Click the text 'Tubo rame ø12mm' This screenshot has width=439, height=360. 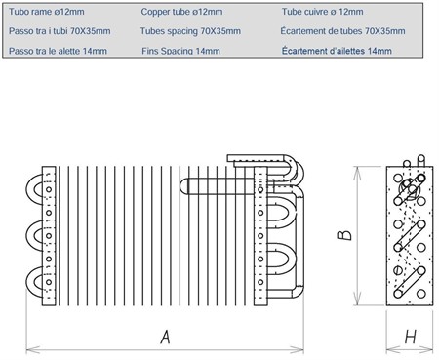(x=47, y=12)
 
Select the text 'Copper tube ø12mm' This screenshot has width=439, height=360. (x=181, y=12)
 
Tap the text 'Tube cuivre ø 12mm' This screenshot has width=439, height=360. (x=322, y=12)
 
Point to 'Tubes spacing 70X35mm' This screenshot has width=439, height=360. (x=190, y=31)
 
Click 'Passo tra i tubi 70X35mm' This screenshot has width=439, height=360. (x=60, y=31)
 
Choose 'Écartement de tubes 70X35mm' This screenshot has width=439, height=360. (x=342, y=31)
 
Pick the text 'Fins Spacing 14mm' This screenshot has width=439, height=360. (x=180, y=51)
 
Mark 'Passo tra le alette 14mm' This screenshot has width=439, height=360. (x=58, y=51)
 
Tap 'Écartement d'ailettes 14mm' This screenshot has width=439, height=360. (x=337, y=51)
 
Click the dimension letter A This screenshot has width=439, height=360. (x=166, y=337)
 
